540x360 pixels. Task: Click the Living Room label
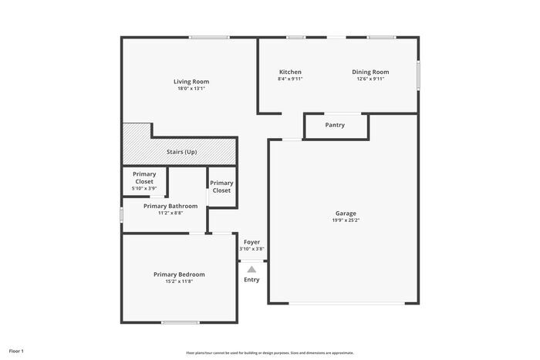191,82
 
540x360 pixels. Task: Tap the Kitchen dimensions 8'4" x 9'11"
290,79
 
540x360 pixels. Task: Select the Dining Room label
370,72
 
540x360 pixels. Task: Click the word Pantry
335,125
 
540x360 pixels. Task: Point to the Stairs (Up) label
182,152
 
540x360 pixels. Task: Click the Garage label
346,214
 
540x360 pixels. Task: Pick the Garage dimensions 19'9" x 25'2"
346,220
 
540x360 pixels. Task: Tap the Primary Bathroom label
170,206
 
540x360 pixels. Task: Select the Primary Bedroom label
179,274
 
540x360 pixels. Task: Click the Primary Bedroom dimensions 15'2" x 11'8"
179,281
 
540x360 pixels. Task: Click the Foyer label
251,242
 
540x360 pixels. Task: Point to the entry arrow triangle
251,269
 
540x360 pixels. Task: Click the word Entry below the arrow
251,279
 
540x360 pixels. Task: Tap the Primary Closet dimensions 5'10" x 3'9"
144,188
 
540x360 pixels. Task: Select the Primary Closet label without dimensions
221,187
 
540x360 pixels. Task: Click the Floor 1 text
17,351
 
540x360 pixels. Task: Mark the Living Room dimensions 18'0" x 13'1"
191,89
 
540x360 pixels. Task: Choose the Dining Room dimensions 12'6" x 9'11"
370,79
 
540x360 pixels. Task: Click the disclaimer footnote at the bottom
269,352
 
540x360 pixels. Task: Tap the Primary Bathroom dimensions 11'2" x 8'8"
170,213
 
